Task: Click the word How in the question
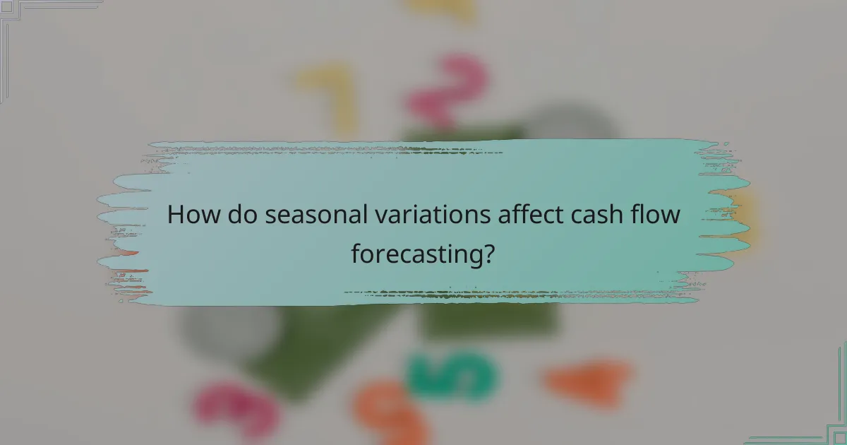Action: tap(190, 215)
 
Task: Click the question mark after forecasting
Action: tap(487, 253)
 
